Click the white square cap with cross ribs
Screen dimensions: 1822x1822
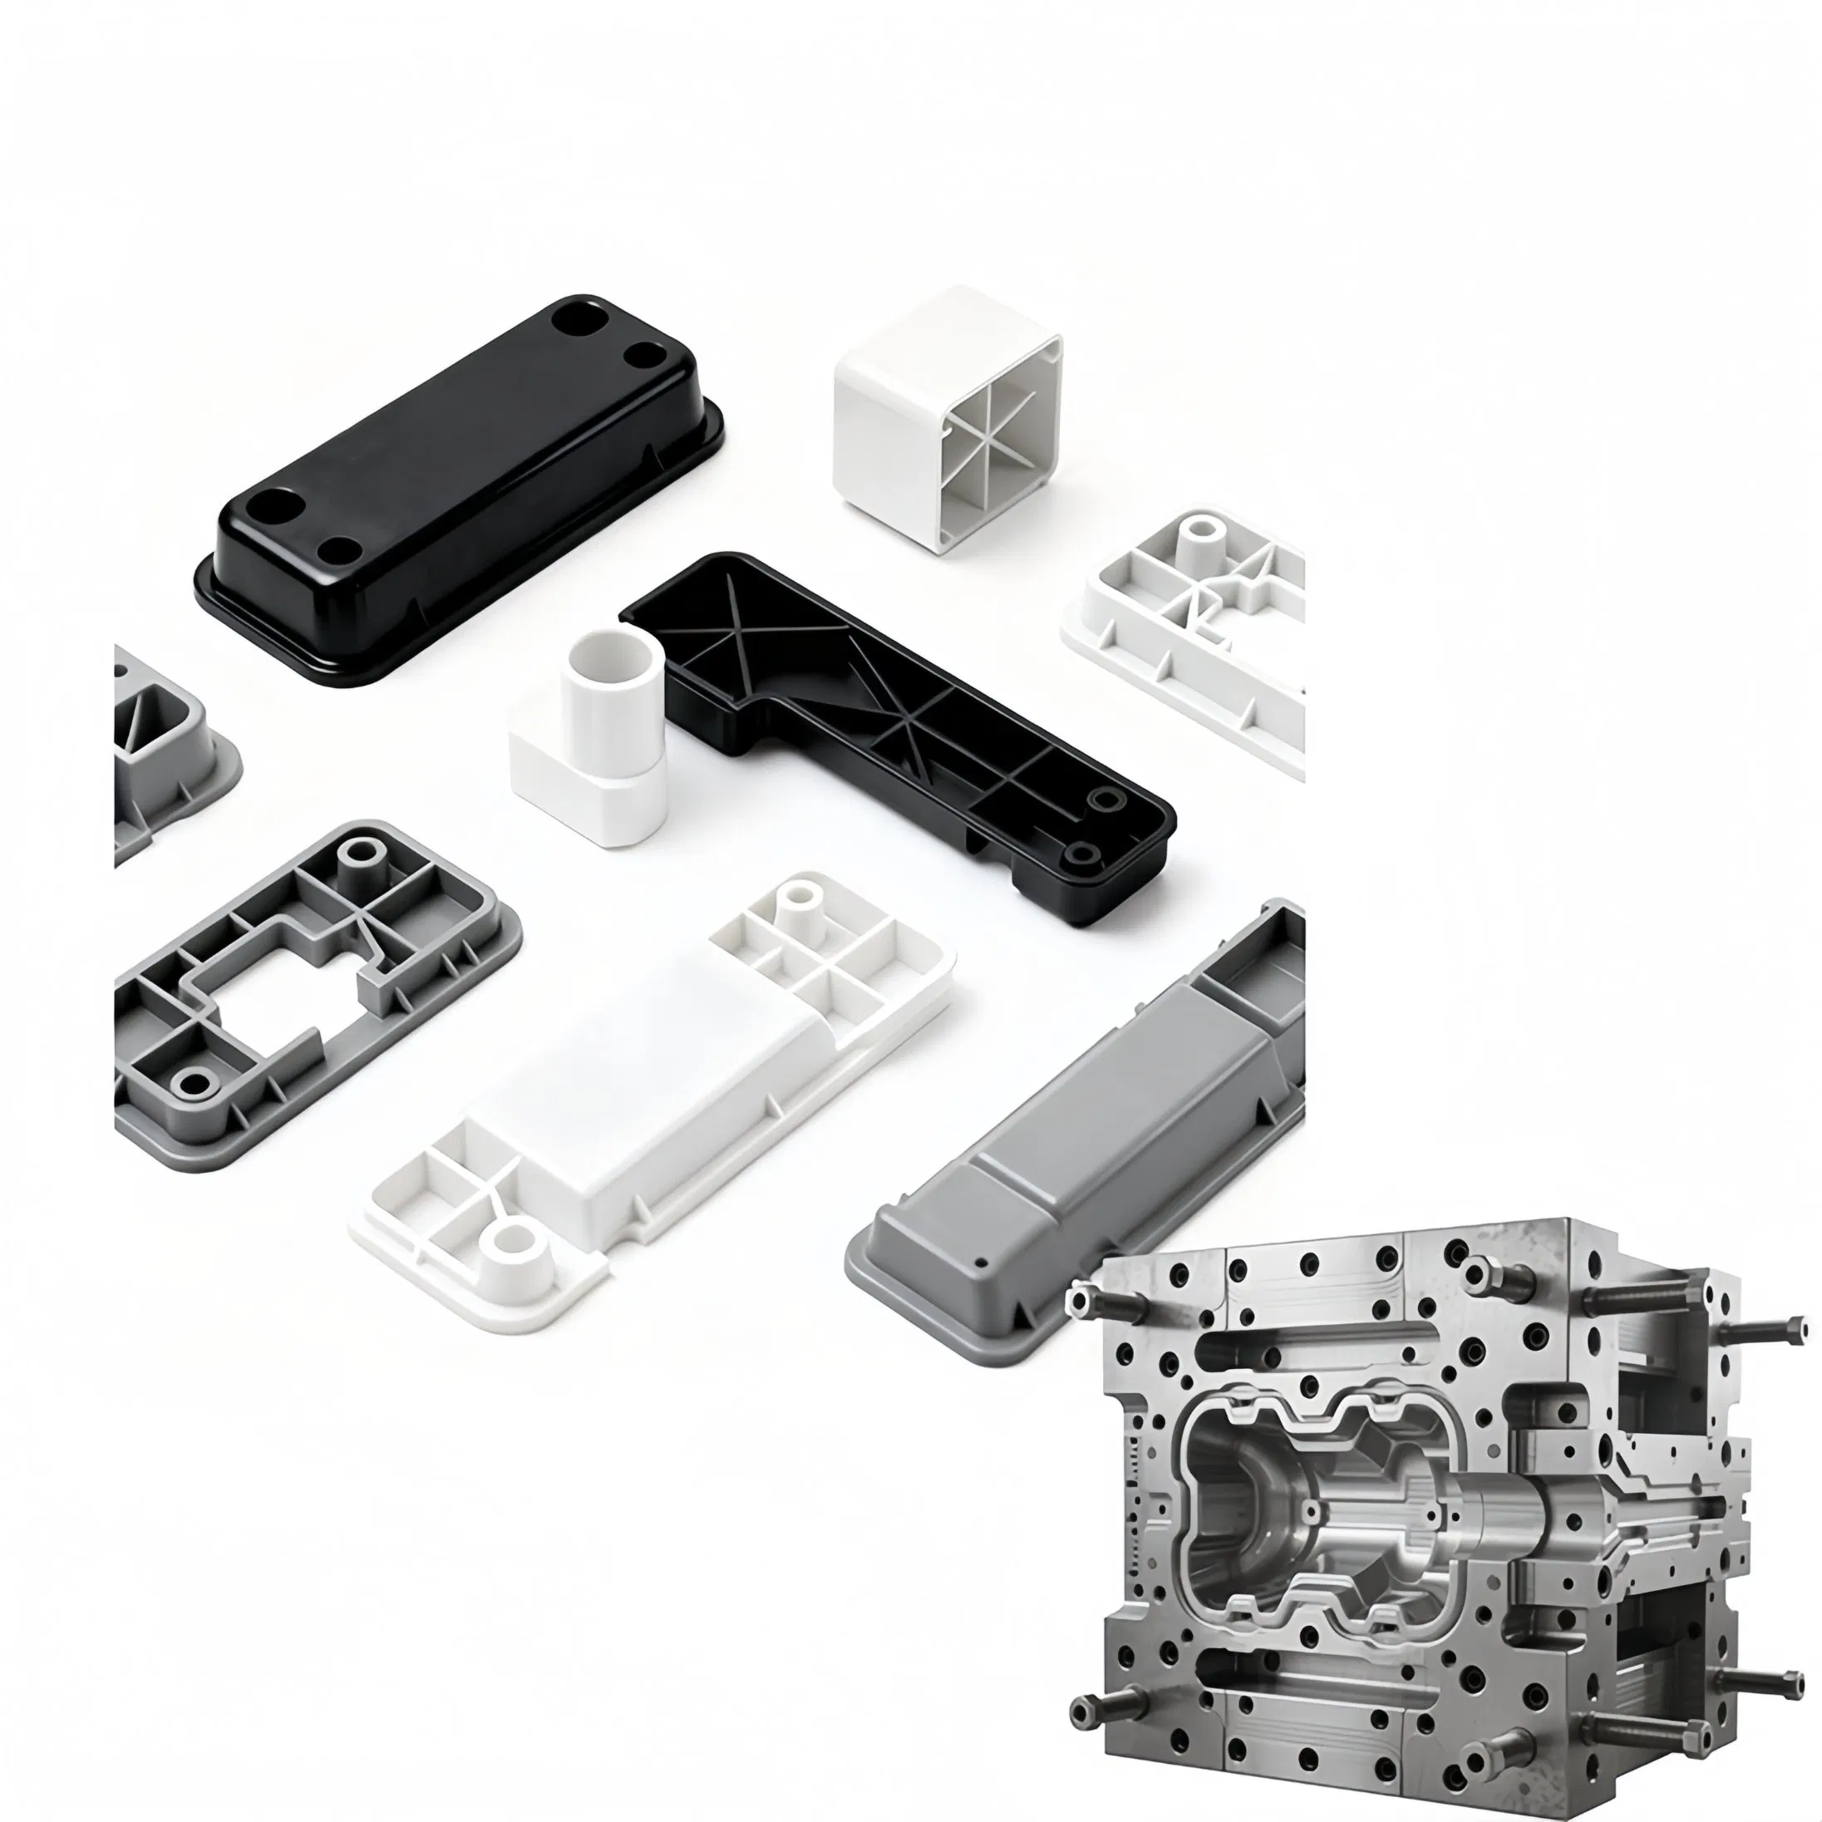click(x=947, y=419)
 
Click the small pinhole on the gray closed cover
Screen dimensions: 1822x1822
click(x=982, y=1261)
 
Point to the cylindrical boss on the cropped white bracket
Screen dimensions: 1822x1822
click(x=1199, y=535)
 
